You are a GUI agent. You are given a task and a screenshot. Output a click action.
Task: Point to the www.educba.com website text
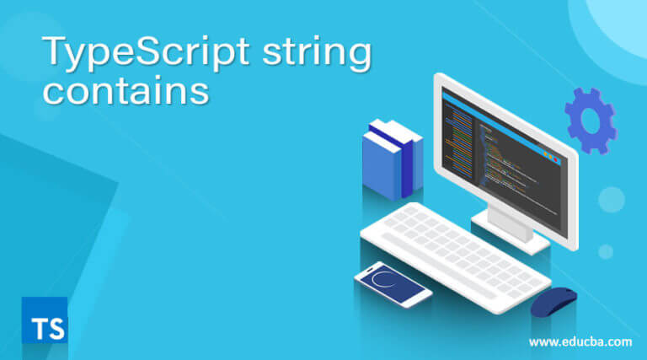pyautogui.click(x=580, y=341)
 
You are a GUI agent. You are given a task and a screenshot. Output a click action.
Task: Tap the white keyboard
pyautogui.click(x=455, y=253)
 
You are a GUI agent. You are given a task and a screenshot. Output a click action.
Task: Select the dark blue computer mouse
pyautogui.click(x=553, y=300)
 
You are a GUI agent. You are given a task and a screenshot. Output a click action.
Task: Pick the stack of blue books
pyautogui.click(x=392, y=159)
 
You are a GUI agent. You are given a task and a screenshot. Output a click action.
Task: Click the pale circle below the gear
pyautogui.click(x=611, y=199)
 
